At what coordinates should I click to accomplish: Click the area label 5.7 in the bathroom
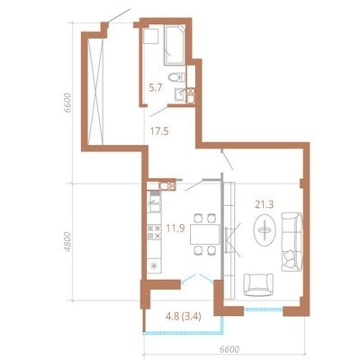coord(156,88)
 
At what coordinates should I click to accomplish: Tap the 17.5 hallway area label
coord(159,131)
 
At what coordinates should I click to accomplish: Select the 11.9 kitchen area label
coord(175,229)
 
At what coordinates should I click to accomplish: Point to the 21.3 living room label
coord(265,204)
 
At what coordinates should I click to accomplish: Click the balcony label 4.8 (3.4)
coord(184,316)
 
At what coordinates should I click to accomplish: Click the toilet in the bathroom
coord(176,77)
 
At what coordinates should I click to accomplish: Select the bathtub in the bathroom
coord(175,45)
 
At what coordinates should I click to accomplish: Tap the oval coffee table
coord(265,230)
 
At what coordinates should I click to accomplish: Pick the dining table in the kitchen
coord(204,234)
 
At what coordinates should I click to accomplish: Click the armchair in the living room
coord(258,284)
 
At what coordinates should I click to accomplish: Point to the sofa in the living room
coord(292,242)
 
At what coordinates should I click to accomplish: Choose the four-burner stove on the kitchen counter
coord(154,232)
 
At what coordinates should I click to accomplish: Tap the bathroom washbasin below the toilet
coord(180,94)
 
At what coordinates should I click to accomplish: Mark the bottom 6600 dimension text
coord(229,350)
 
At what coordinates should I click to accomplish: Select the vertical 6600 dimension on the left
coord(67,103)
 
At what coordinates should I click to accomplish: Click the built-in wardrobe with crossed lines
coord(95,92)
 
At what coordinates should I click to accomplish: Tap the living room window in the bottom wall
coord(264,310)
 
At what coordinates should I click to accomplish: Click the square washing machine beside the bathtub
coord(151,36)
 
